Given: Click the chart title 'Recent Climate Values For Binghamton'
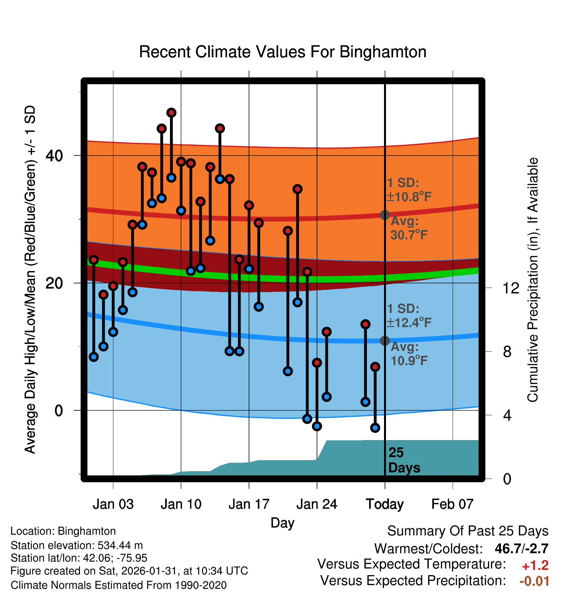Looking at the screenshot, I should [283, 52].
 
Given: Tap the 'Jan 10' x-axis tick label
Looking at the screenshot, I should [181, 504].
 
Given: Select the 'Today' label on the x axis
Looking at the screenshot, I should [385, 504].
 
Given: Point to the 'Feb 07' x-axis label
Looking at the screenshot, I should [452, 504].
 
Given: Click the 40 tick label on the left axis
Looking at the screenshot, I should [54, 156].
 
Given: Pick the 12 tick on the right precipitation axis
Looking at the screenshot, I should [511, 288].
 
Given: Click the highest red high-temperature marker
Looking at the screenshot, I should [171, 113].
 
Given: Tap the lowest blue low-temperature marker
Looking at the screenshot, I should [375, 428].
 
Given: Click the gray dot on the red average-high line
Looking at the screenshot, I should [385, 215].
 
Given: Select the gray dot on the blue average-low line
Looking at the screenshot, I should [385, 341].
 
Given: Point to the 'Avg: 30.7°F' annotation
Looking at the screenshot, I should [409, 228].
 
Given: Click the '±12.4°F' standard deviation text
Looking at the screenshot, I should [409, 323].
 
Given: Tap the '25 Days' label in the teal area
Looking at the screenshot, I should [404, 460].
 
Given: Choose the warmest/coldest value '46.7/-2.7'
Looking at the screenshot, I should [521, 549].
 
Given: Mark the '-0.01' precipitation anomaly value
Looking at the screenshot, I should [534, 581].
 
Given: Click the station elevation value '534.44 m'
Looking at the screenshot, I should [120, 545].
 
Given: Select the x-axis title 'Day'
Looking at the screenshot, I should [282, 523].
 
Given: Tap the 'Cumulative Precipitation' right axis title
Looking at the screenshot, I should [533, 280].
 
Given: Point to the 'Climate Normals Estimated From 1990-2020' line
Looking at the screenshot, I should [119, 585].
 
